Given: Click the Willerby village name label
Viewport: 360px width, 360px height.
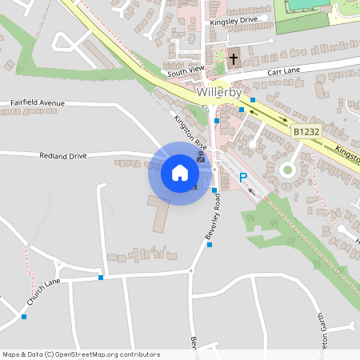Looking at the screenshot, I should pyautogui.click(x=217, y=92).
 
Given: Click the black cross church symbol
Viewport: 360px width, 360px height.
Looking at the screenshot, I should pyautogui.click(x=234, y=58).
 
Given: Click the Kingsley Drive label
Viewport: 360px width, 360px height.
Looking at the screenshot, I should pyautogui.click(x=234, y=21).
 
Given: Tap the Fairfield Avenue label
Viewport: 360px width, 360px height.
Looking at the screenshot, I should pyautogui.click(x=37, y=103).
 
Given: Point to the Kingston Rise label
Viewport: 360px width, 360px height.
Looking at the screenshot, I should pyautogui.click(x=190, y=131).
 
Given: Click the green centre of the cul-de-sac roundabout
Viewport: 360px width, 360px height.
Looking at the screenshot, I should pyautogui.click(x=287, y=169).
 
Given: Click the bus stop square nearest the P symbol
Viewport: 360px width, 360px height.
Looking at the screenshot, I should pyautogui.click(x=214, y=190).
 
